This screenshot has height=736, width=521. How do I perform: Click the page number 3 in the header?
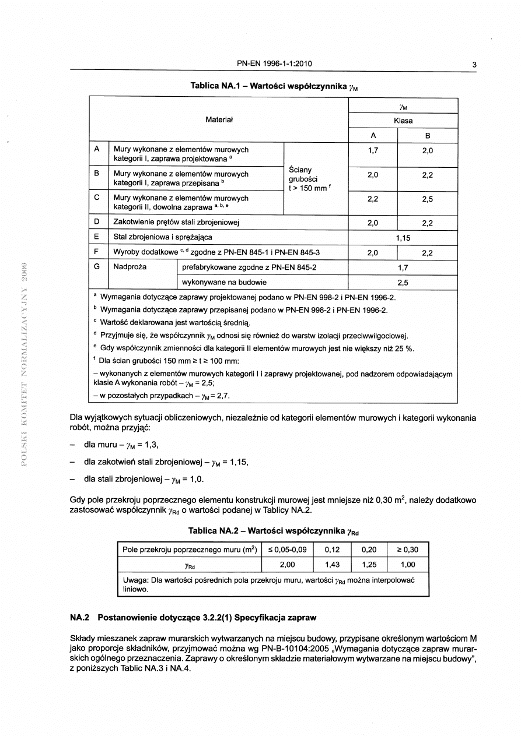click(474, 65)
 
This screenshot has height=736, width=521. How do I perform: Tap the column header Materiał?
click(219, 120)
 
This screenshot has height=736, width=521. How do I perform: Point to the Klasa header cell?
click(403, 121)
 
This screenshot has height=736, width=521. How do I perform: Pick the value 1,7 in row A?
click(373, 150)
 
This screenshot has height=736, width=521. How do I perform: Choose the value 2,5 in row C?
click(428, 199)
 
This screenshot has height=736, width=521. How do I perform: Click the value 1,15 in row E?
click(403, 238)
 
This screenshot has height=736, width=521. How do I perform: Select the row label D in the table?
click(96, 222)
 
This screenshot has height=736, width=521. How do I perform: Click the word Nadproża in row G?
click(130, 267)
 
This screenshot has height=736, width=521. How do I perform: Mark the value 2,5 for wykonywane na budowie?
click(403, 282)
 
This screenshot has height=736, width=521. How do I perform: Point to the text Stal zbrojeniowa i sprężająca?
click(163, 237)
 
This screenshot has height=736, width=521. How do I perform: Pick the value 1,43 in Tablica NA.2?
click(332, 564)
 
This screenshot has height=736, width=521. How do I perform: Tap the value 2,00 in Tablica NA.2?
click(287, 564)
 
